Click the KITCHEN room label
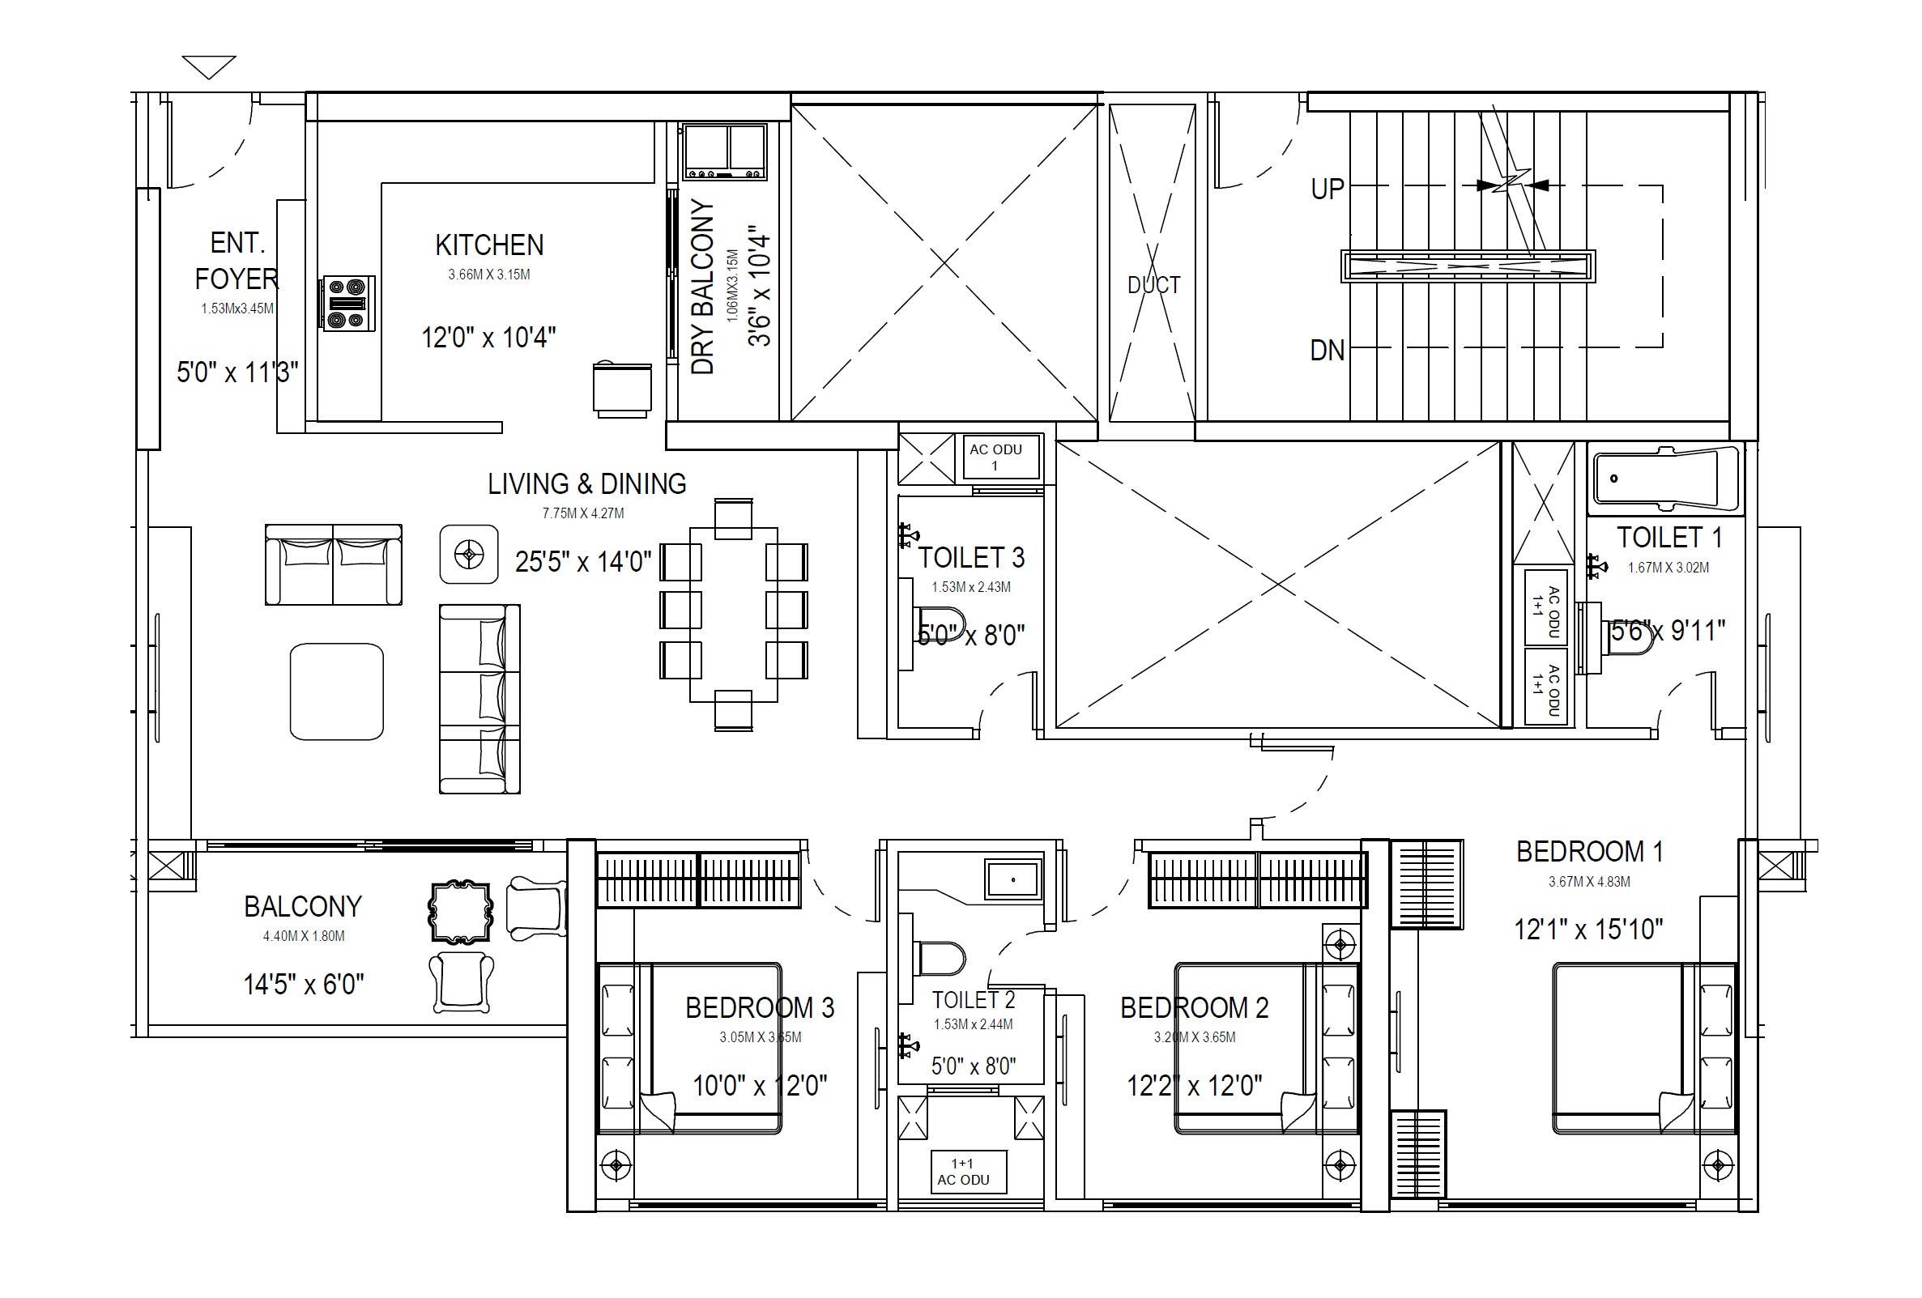(x=488, y=245)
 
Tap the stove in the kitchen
(x=348, y=304)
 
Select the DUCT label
(x=1153, y=285)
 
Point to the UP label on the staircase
(x=1328, y=189)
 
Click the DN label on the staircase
(x=1327, y=351)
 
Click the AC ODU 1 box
(x=999, y=457)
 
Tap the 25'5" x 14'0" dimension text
(x=583, y=562)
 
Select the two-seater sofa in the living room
(x=333, y=564)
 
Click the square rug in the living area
(x=337, y=692)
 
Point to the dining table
(x=733, y=615)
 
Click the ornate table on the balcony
(x=460, y=913)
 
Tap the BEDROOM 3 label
(x=759, y=1007)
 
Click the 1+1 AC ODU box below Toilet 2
(x=968, y=1172)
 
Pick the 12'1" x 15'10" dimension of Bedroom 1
(x=1587, y=930)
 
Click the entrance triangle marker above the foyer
(x=208, y=66)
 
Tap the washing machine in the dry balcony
(x=724, y=151)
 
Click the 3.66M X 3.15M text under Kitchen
(x=488, y=274)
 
